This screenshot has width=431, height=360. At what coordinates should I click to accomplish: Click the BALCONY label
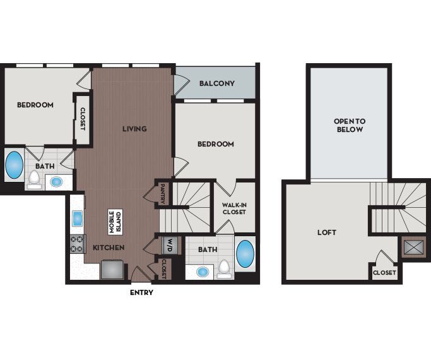[216, 83]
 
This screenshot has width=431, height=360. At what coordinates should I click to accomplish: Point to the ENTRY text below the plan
[141, 293]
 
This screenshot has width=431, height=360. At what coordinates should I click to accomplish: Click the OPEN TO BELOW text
[349, 125]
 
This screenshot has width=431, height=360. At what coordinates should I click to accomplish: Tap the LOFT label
[326, 232]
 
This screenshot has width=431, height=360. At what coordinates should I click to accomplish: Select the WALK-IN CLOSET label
[233, 208]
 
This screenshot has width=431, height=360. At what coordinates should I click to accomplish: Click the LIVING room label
[134, 129]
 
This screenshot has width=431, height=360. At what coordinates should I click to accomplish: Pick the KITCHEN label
[109, 247]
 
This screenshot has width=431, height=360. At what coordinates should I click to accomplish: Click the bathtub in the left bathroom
[14, 165]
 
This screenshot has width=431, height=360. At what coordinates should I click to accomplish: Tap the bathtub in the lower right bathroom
[245, 255]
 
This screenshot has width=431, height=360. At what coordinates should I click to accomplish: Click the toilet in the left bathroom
[33, 180]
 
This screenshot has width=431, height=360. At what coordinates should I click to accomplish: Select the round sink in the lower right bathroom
[202, 272]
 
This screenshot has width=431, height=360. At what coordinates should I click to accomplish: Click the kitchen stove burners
[77, 244]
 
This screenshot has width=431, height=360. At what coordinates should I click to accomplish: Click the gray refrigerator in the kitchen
[114, 268]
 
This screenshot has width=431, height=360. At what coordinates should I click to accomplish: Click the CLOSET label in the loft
[384, 273]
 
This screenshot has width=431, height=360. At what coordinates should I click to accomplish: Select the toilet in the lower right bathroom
[223, 270]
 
